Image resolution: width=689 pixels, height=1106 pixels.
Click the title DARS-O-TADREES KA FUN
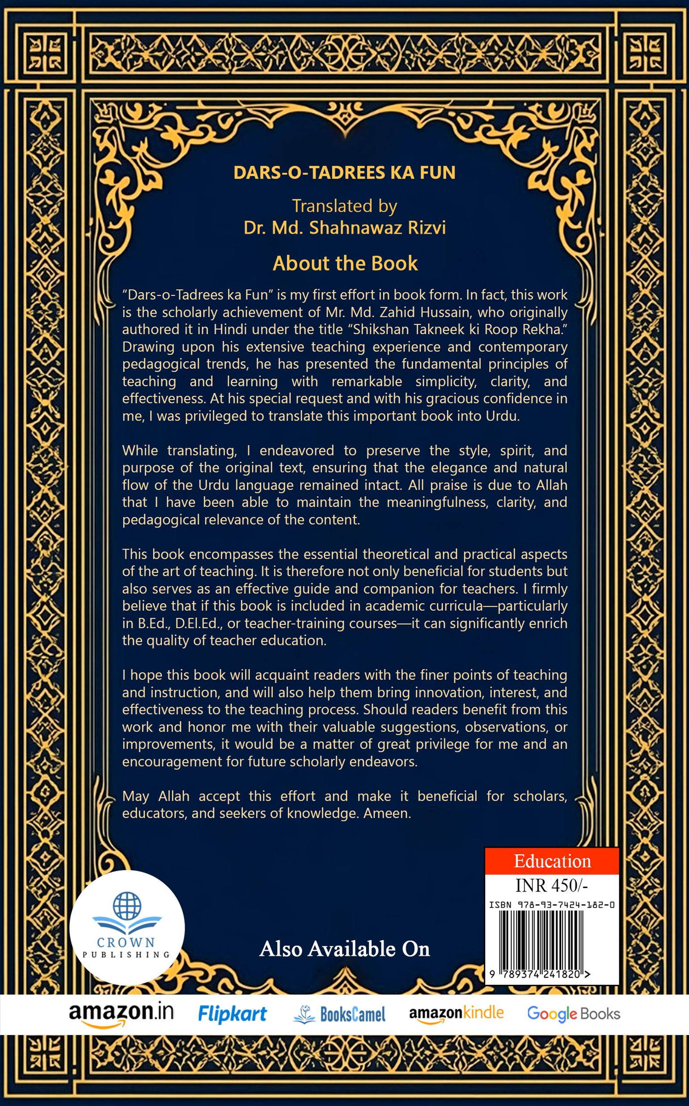coord(344,172)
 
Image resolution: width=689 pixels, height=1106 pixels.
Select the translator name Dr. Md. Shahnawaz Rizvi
coord(344,227)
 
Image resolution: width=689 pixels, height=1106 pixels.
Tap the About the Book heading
coord(345,263)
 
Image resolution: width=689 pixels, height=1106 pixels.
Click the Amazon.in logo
coord(121,1013)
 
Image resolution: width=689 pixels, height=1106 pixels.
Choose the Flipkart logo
coord(232,1013)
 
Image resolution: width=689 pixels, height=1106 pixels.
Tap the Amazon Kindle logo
coord(456,1013)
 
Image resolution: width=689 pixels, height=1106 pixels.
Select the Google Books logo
coord(573,1013)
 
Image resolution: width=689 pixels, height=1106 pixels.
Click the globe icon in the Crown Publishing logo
coord(127,905)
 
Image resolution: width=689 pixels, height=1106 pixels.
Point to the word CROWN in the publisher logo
coord(126,942)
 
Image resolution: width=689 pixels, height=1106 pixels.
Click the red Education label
coord(552,861)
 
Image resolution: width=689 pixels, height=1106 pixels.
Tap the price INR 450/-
coord(551,886)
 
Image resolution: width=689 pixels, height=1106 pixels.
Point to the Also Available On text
coord(344,949)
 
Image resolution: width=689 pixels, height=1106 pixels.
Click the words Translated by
coord(344,206)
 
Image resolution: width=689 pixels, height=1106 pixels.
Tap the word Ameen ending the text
coord(386,813)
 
